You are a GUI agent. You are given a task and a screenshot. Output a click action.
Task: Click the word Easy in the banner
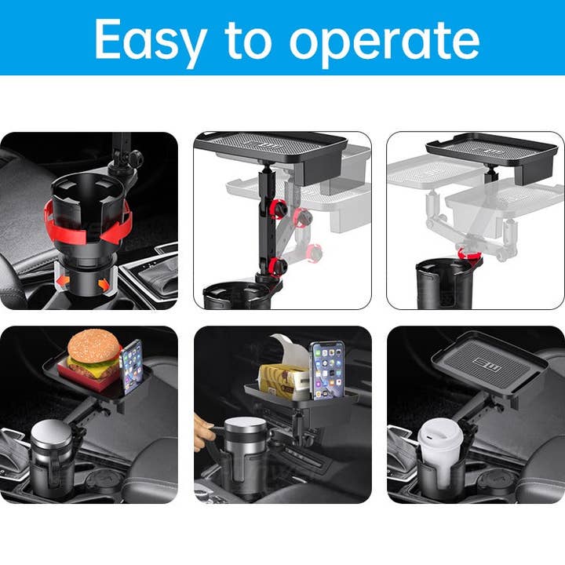coord(151,38)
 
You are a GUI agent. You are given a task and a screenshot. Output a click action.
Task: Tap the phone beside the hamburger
coord(132,365)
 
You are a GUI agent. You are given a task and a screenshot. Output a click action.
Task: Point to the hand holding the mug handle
coord(202,430)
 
